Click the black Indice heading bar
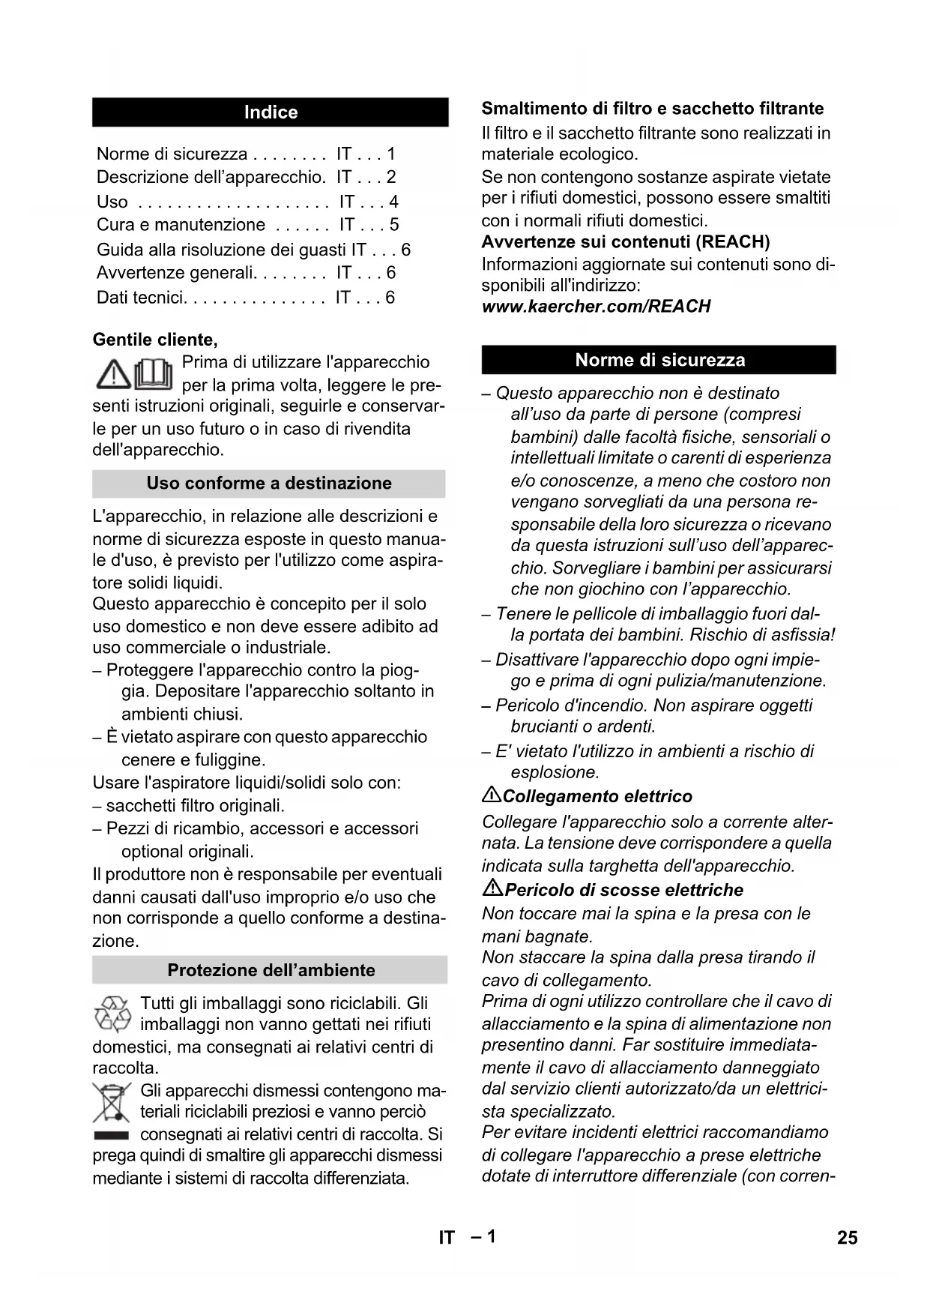[271, 112]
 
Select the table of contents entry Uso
[112, 202]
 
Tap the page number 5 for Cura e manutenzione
[394, 225]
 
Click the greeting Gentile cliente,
[155, 340]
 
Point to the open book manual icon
[154, 373]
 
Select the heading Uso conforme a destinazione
[269, 483]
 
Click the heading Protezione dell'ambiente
[271, 970]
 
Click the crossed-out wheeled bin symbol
[111, 1102]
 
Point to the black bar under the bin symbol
[111, 1135]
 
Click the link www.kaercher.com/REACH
[596, 307]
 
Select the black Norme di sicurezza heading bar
[659, 360]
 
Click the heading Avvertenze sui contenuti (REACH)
[626, 242]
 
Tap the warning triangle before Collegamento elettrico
[492, 795]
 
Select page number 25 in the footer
[847, 1238]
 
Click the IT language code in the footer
[447, 1238]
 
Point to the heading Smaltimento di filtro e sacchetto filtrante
[652, 109]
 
